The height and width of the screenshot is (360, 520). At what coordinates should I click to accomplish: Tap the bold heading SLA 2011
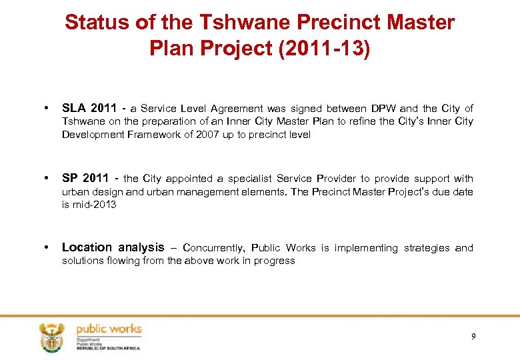87,108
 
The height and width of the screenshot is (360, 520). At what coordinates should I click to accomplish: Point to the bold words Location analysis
113,247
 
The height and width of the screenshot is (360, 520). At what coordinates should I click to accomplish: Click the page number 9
473,336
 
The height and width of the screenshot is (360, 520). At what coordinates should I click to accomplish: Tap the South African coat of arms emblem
52,337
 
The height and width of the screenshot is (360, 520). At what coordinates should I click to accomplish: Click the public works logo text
109,329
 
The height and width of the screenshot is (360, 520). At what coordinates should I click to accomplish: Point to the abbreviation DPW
383,109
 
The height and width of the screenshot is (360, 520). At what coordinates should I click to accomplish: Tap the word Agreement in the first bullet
237,109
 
